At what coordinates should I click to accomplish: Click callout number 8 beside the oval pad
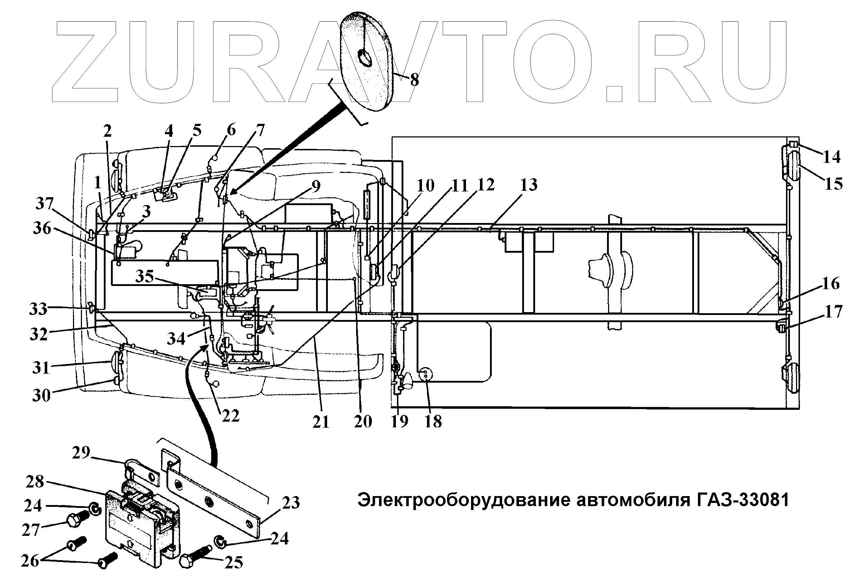pos(414,79)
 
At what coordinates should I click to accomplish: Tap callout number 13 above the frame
pos(529,184)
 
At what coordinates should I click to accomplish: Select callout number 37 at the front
pos(45,204)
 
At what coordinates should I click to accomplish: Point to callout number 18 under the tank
pos(433,421)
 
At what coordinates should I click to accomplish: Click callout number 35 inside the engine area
pos(145,276)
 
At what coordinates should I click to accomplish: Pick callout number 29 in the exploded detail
pos(81,452)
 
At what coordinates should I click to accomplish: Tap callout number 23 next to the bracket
pos(291,503)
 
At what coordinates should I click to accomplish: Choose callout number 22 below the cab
pos(230,416)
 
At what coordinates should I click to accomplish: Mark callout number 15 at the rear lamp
pos(834,184)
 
